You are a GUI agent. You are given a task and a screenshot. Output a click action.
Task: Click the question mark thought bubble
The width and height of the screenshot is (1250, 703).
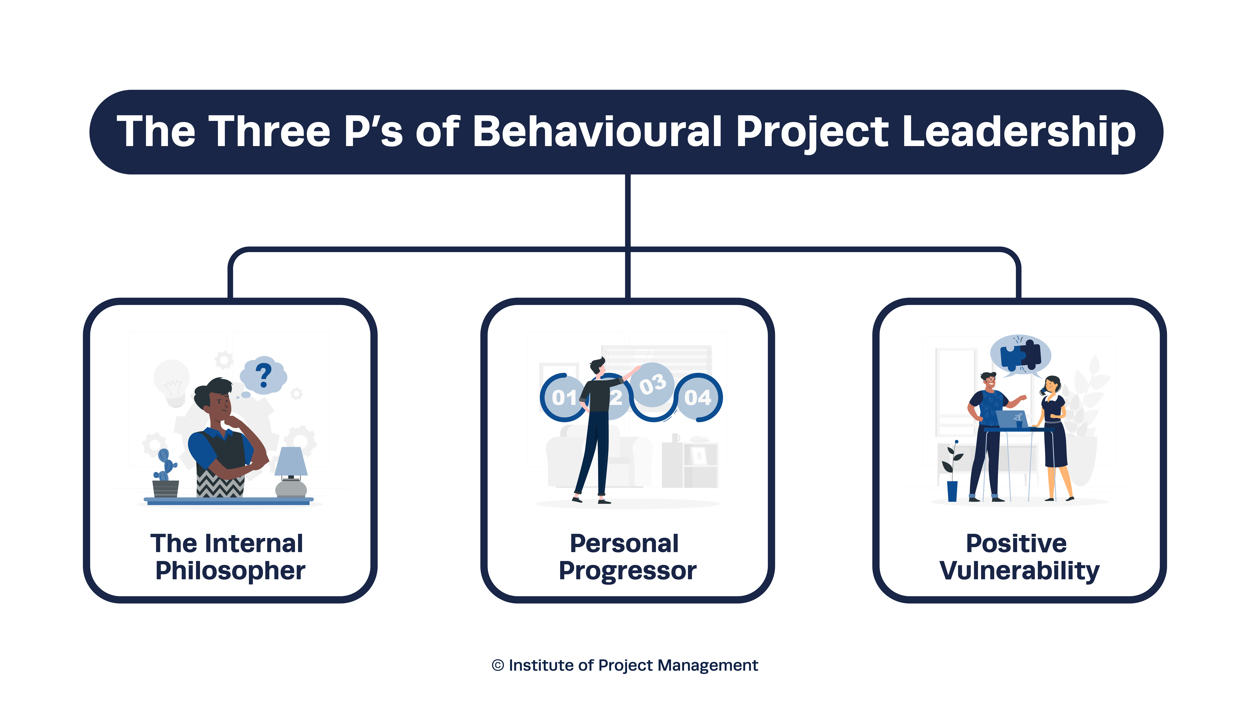point(263,375)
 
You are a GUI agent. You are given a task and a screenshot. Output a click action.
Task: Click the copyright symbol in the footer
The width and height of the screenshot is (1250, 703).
point(498,665)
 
